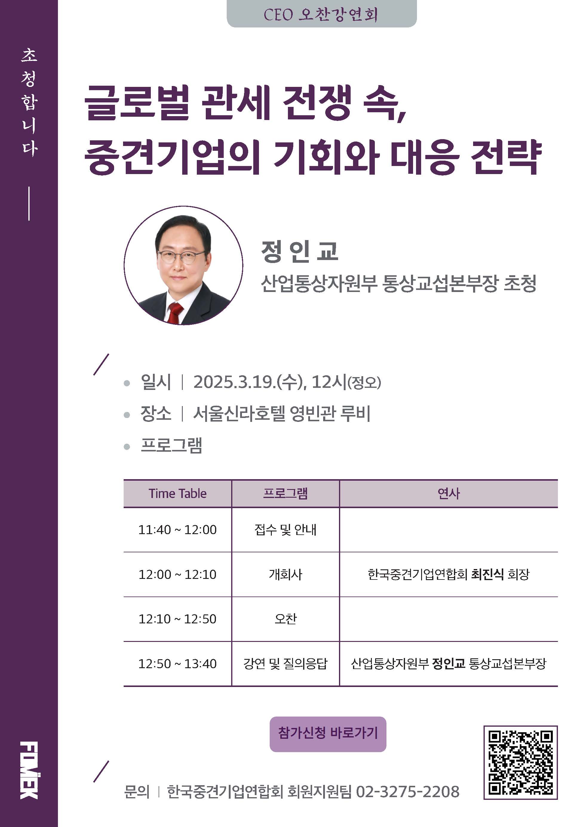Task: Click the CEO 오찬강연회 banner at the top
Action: (321, 14)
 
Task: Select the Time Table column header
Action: (178, 494)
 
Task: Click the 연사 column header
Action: (449, 494)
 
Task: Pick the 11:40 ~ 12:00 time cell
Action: (178, 529)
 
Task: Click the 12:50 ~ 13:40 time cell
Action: (178, 663)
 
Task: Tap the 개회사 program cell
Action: (285, 574)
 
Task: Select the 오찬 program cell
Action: (285, 619)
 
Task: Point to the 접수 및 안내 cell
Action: (285, 529)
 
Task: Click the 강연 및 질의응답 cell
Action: (285, 663)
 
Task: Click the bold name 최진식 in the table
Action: (487, 574)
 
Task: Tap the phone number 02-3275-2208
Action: (407, 792)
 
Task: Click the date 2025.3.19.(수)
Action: (248, 382)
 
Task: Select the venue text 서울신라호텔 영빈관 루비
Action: (282, 414)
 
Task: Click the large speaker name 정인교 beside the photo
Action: (300, 251)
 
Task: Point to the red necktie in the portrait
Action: (175, 313)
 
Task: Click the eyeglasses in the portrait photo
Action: (181, 257)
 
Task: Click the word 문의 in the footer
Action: (136, 792)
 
